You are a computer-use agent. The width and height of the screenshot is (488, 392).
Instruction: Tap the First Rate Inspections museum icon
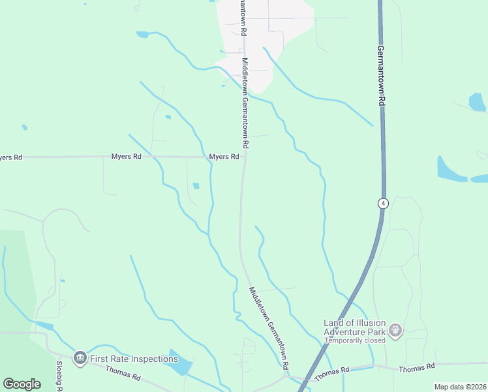(80, 357)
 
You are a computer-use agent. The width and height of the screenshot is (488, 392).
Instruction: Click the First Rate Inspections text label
(134, 359)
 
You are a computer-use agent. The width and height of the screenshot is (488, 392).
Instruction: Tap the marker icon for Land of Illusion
(396, 330)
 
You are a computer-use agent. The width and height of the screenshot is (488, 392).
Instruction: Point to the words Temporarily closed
(355, 340)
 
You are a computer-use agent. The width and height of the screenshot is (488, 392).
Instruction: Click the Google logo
(22, 384)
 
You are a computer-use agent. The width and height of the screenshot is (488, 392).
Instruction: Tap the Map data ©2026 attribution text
(460, 387)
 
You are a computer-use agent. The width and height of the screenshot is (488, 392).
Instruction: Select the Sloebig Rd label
(59, 376)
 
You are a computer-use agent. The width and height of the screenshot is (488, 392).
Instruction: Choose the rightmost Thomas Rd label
(416, 368)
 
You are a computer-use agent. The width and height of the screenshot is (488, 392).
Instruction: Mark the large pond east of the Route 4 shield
(451, 171)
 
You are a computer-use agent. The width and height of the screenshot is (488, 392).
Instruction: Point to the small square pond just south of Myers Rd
(196, 186)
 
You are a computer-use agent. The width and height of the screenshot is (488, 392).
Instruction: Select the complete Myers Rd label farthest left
(127, 157)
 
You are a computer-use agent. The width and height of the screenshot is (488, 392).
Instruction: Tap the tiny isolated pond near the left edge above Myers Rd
(24, 127)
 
